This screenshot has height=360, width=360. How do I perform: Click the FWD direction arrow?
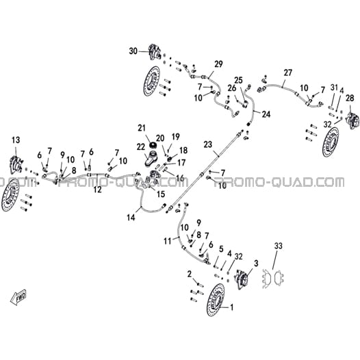pyautogui.click(x=18, y=298)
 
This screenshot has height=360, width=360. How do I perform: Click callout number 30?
pyautogui.click(x=133, y=51)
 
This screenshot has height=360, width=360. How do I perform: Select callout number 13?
pyautogui.click(x=16, y=140)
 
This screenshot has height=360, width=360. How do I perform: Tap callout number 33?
pyautogui.click(x=279, y=246)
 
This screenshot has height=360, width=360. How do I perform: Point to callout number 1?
pyautogui.click(x=231, y=307)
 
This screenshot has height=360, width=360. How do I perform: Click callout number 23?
pyautogui.click(x=208, y=144)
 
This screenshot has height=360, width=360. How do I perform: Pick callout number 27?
pyautogui.click(x=287, y=73)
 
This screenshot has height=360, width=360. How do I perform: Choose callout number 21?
pyautogui.click(x=142, y=128)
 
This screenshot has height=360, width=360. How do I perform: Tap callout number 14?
pyautogui.click(x=131, y=217)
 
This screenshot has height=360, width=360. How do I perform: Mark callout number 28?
pyautogui.click(x=350, y=99)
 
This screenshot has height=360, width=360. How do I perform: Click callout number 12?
pyautogui.click(x=98, y=190)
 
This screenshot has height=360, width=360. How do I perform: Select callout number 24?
pyautogui.click(x=266, y=114)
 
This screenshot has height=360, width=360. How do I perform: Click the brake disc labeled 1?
pyautogui.click(x=216, y=300)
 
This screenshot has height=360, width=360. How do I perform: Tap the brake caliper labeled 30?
pyautogui.click(x=154, y=52)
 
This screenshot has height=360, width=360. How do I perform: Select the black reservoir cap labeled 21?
pyautogui.click(x=153, y=145)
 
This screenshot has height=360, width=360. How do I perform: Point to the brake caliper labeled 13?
pyautogui.click(x=16, y=164)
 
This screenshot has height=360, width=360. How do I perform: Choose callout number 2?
pyautogui.click(x=190, y=274)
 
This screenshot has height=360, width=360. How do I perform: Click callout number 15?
pyautogui.click(x=161, y=194)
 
